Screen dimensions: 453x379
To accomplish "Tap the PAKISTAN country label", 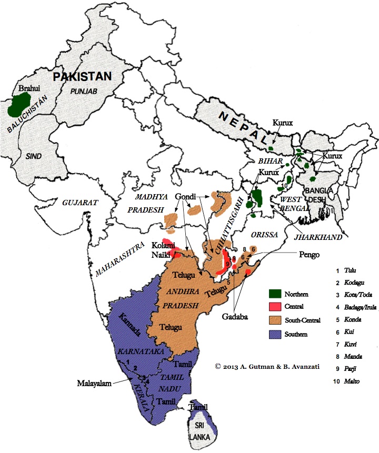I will pos(81,76).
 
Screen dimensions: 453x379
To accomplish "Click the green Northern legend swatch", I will pos(274,293).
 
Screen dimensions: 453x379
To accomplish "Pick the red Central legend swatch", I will pos(274,306).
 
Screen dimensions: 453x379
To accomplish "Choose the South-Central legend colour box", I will pos(274,319).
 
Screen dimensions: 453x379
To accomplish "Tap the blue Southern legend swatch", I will pos(274,334).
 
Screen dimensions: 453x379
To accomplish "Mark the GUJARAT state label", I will pos(78,202).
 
